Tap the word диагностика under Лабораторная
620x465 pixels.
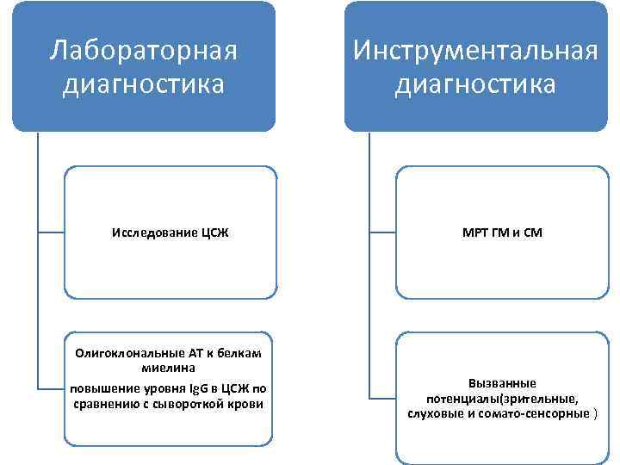143,85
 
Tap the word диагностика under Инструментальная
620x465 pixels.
475,85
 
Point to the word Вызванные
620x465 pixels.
502,382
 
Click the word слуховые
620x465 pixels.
436,413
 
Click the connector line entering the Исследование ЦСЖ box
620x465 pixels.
51,232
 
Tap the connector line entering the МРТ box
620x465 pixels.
382,232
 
